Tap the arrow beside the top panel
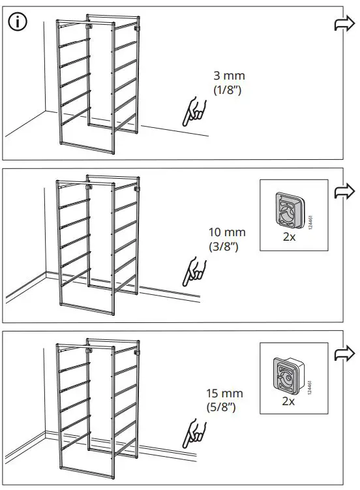point(343,24)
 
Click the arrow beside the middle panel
point(343,192)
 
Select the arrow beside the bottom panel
point(343,354)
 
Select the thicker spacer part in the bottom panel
point(288,374)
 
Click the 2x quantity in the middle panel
point(289,237)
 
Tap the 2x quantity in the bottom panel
point(288,401)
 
